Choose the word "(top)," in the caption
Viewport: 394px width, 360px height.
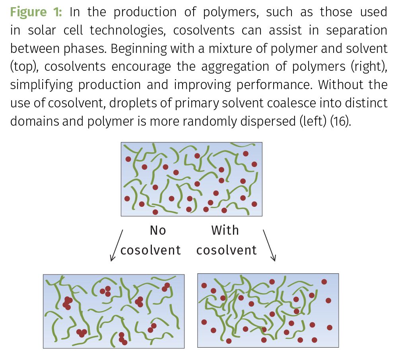pyautogui.click(x=24, y=66)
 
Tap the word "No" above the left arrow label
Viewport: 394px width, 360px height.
pyautogui.click(x=158, y=230)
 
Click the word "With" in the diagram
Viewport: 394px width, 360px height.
pyautogui.click(x=225, y=230)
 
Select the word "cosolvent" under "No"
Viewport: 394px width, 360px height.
pyautogui.click(x=151, y=250)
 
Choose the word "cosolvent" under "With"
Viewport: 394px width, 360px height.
pyautogui.click(x=227, y=250)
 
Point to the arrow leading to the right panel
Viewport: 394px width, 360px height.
pyautogui.click(x=269, y=245)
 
